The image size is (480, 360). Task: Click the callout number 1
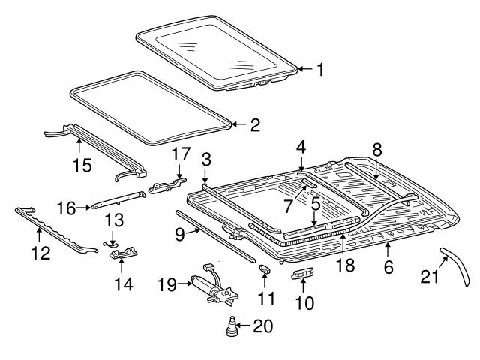320,70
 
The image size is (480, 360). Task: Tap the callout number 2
255,125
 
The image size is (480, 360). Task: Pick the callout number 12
41,253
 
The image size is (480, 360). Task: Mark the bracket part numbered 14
123,256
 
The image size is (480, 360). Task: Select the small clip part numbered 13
111,241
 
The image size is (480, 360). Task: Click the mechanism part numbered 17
166,185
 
